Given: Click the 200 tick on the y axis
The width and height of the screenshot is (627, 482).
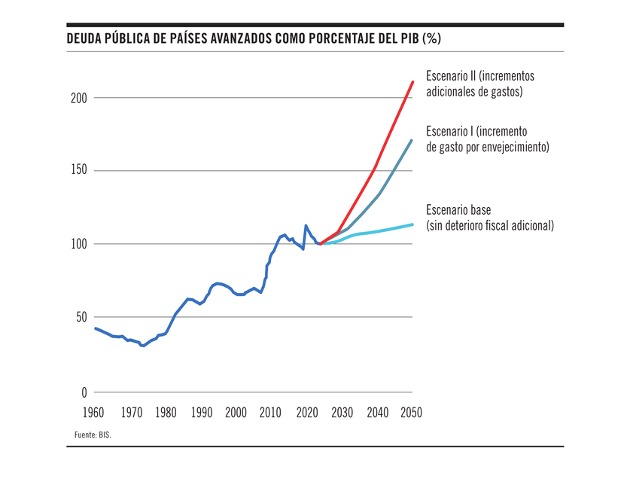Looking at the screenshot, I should (79, 98).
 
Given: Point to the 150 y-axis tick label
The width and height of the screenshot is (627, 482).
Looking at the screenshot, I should (79, 171).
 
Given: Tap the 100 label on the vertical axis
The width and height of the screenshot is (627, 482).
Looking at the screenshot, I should (79, 244).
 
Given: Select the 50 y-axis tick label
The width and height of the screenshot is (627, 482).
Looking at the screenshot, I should (82, 317).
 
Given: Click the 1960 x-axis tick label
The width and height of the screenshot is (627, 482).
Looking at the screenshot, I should (94, 412).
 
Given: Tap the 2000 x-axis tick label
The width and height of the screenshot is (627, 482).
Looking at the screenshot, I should (236, 412).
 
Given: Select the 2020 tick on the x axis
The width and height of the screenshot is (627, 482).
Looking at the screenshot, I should (306, 412).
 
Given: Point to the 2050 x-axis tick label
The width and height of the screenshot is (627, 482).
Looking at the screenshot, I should (411, 412).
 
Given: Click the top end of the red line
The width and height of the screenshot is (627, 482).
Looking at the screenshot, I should (412, 81).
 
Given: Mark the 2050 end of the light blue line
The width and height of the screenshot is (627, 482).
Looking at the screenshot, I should (412, 224).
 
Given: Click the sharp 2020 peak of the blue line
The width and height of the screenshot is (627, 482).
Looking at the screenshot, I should (306, 225).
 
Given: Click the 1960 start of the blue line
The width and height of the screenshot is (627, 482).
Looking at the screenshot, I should (95, 328).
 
